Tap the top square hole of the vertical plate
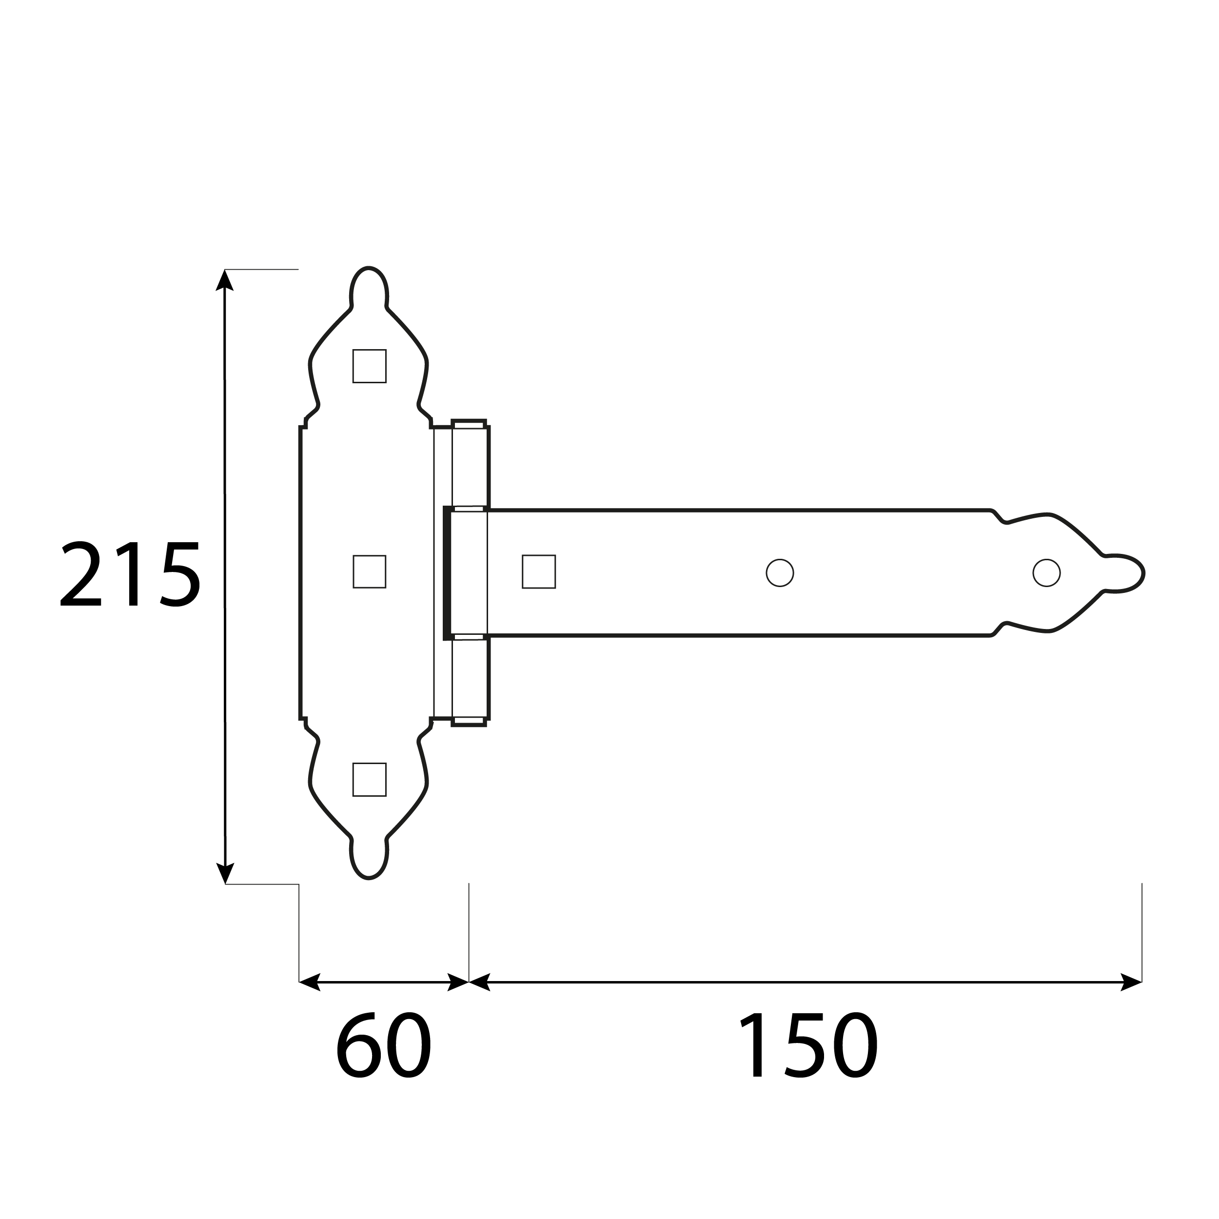(369, 366)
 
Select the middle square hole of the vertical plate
(369, 571)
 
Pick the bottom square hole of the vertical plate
(369, 780)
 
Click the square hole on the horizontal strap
(538, 571)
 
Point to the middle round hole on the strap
(779, 573)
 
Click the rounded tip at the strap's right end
(1126, 573)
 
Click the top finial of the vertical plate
(369, 287)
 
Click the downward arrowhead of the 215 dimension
(225, 874)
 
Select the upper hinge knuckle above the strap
(470, 466)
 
